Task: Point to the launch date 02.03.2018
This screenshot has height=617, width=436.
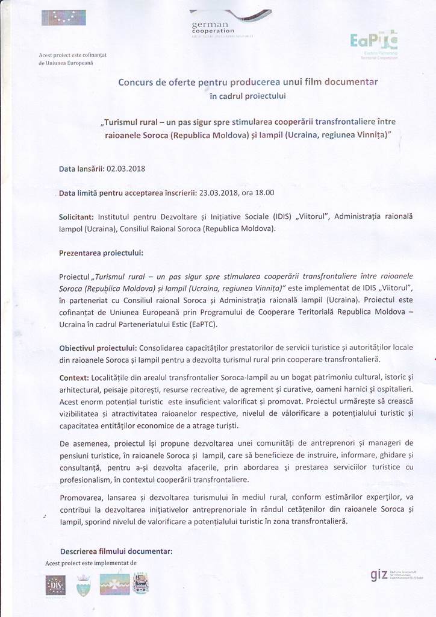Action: click(126, 169)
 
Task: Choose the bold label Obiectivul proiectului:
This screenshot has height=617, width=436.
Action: click(98, 348)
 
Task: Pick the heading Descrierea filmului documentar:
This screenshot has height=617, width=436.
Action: click(116, 551)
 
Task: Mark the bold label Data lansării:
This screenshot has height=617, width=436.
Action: click(81, 169)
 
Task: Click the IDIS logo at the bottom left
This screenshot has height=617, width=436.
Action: click(55, 584)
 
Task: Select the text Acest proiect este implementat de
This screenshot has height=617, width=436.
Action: click(91, 563)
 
